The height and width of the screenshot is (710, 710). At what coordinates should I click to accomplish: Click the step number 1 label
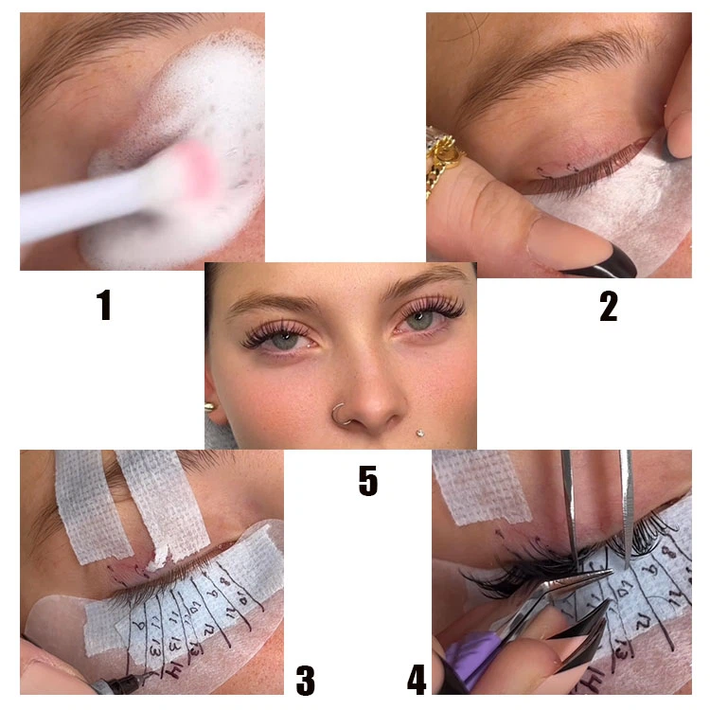[104, 306]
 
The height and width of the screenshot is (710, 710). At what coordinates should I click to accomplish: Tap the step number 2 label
[608, 306]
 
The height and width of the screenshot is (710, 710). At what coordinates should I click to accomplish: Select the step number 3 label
[305, 680]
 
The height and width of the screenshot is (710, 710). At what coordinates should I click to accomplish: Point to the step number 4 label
[417, 680]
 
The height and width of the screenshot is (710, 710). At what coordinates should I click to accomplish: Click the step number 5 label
[367, 481]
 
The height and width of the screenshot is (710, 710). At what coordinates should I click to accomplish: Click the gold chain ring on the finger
[443, 156]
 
